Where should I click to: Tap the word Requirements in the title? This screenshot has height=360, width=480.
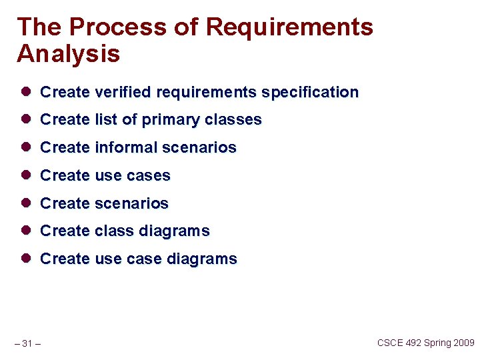(289, 27)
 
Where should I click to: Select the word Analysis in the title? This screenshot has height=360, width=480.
(68, 54)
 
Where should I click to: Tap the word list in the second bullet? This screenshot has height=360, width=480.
(106, 120)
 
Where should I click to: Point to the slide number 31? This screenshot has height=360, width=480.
(27, 343)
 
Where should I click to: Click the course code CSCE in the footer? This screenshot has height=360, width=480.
(390, 343)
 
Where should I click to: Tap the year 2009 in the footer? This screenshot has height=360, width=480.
(463, 343)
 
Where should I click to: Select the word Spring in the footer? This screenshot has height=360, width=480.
(437, 343)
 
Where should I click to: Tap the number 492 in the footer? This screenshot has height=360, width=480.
(414, 343)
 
